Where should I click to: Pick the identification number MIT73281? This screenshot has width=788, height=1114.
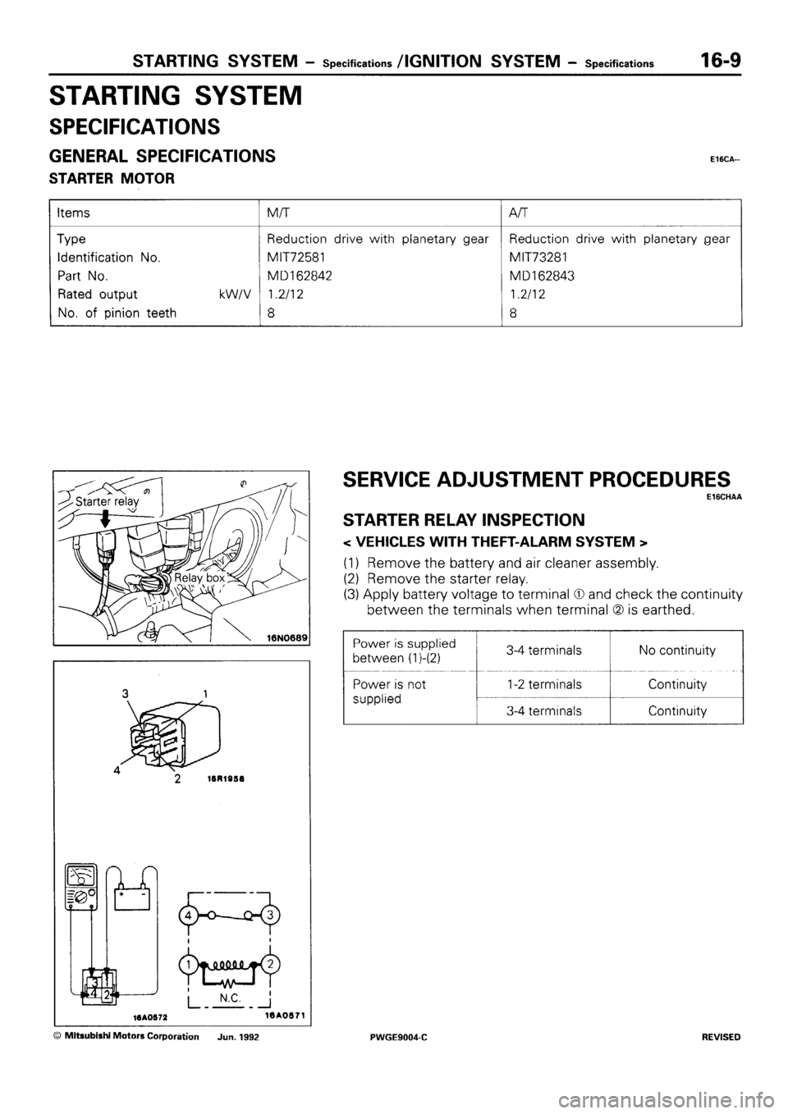coord(543,258)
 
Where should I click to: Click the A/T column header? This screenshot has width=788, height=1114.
coord(519,212)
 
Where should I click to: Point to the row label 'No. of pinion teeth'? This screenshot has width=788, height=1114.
coord(117,312)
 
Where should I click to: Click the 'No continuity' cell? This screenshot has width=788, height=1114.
coord(676,651)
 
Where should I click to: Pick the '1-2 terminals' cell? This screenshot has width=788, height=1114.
coord(543,684)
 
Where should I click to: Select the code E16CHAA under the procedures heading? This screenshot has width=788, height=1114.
coord(722,497)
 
